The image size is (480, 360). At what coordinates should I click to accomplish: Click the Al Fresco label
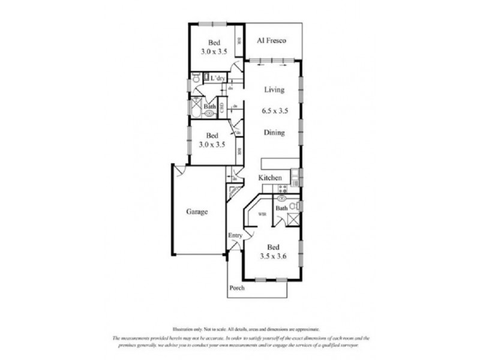[x=270, y=41]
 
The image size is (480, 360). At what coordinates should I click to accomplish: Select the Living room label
[x=274, y=90]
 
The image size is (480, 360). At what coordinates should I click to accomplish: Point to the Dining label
[x=274, y=133]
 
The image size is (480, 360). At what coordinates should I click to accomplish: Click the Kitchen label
[x=270, y=178]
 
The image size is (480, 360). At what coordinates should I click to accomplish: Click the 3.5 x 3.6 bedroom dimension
[x=273, y=256]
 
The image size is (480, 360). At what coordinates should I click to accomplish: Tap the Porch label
[x=237, y=288]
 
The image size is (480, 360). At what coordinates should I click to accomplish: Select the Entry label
[x=235, y=235]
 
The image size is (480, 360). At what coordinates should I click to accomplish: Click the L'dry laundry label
[x=217, y=79]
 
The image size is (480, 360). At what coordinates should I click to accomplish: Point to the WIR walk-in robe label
[x=262, y=214]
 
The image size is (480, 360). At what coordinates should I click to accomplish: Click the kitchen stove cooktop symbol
[x=283, y=188]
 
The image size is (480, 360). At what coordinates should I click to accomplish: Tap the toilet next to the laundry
[x=196, y=79]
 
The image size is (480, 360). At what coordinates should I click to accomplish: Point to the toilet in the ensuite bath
[x=293, y=206]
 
